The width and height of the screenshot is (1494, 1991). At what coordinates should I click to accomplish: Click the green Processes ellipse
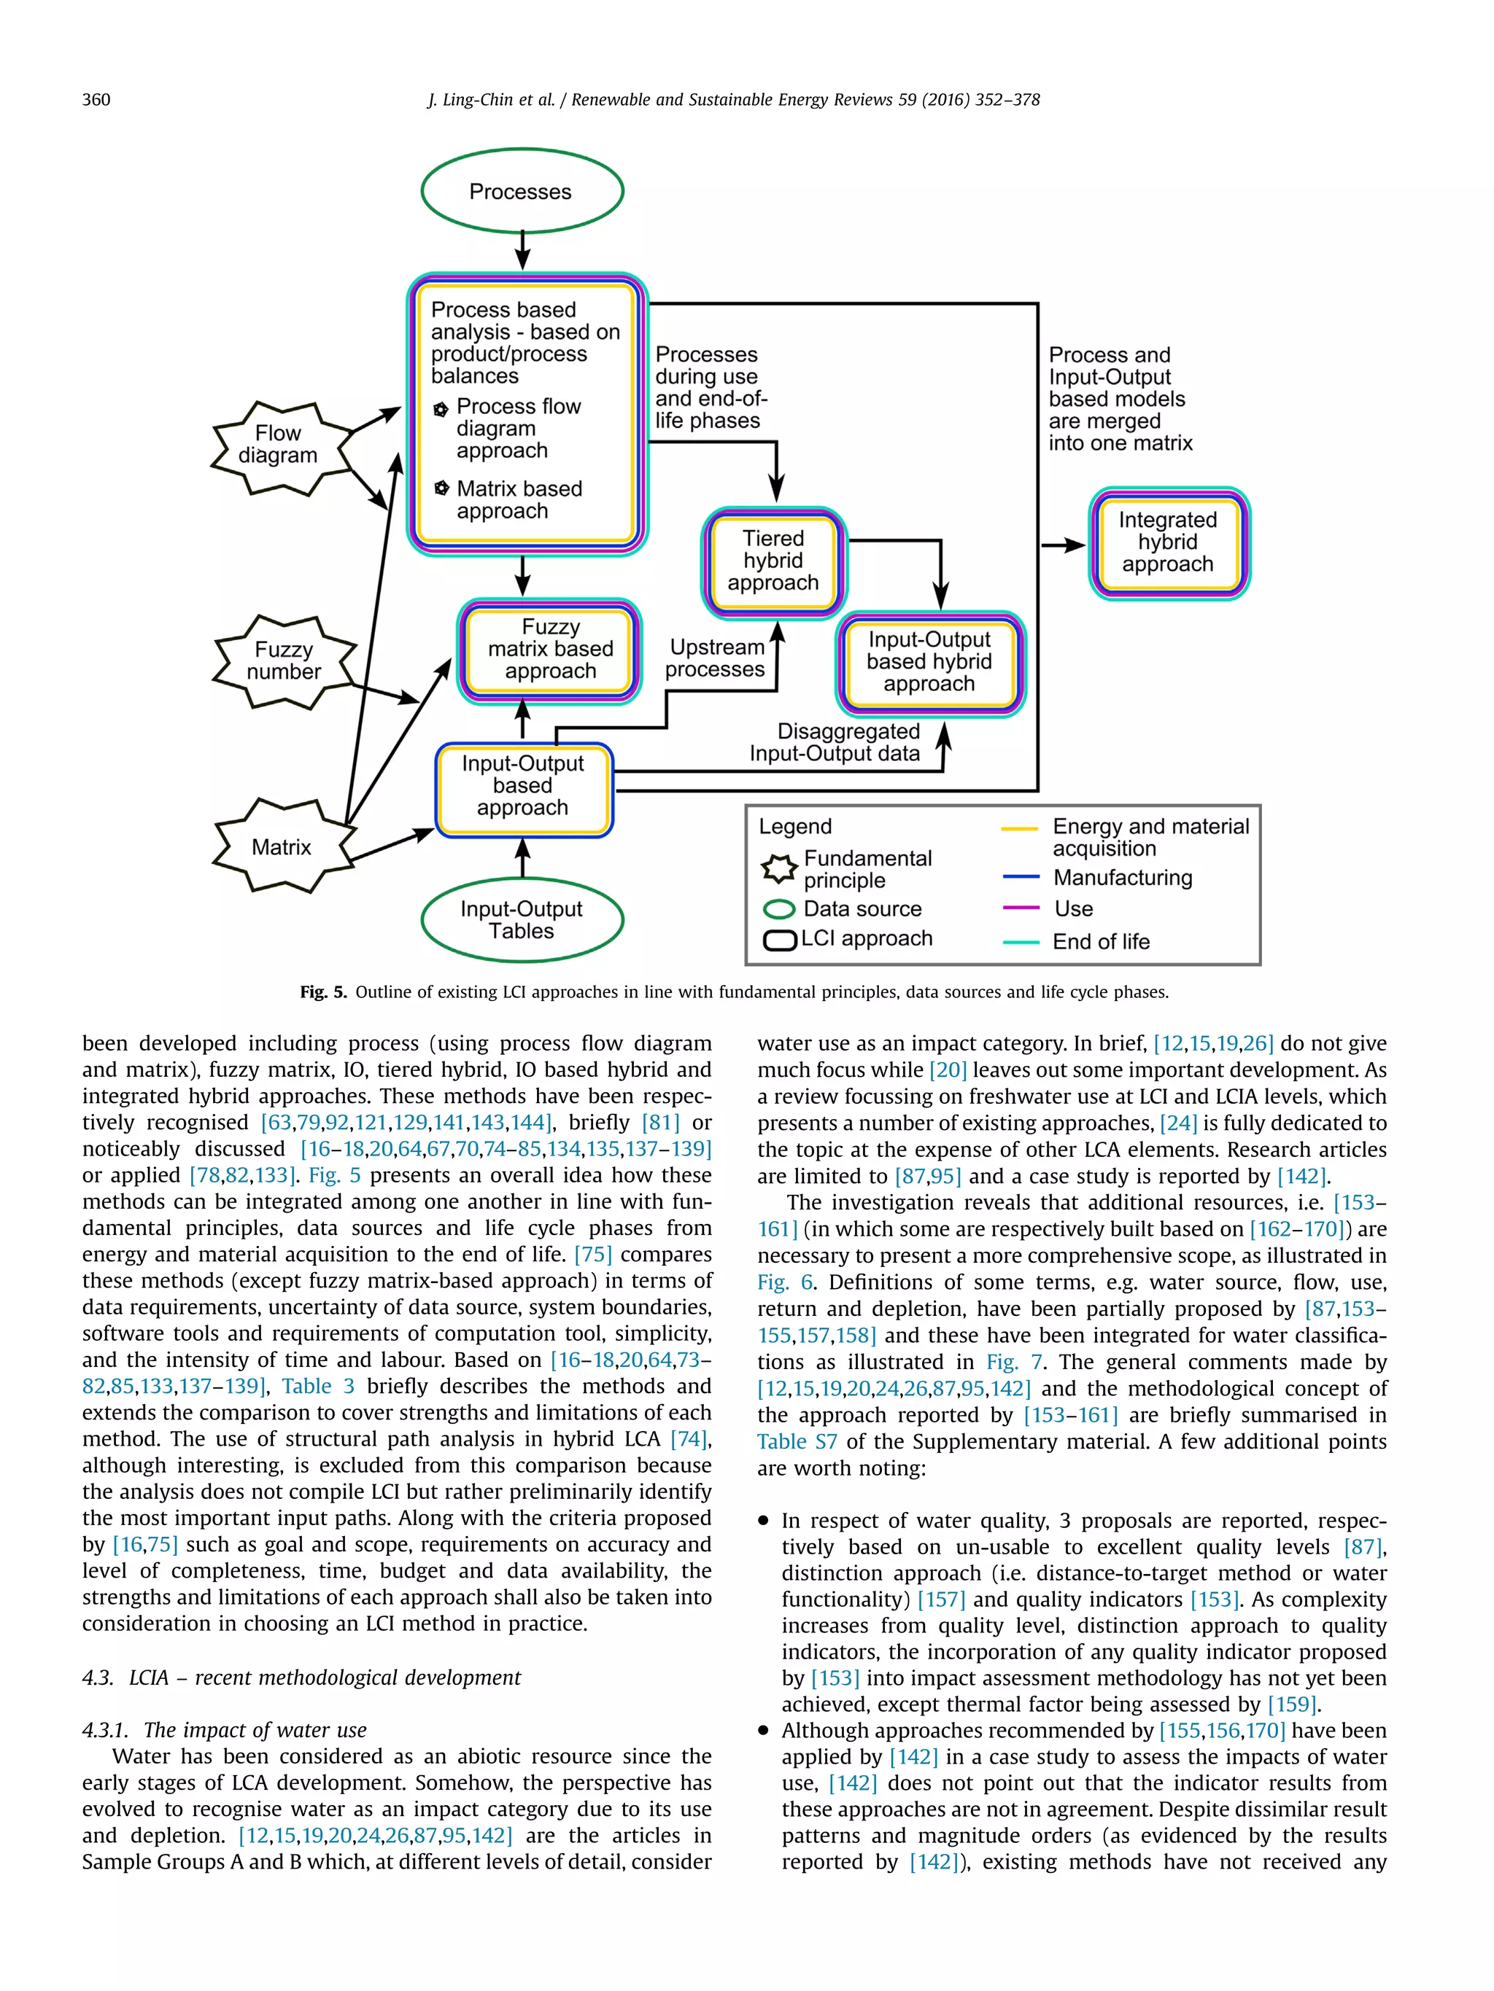coord(522,192)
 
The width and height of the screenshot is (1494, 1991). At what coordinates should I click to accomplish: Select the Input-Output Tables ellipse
coord(522,920)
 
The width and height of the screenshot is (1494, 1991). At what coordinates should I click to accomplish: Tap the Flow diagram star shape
coord(279,445)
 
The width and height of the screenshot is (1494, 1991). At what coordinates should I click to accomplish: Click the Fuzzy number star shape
coord(284,661)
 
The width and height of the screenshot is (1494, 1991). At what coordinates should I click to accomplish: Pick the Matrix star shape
coord(282,847)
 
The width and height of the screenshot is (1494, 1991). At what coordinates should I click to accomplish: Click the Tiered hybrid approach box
coord(773,561)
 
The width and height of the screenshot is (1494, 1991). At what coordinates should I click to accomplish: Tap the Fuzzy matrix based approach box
coord(549,650)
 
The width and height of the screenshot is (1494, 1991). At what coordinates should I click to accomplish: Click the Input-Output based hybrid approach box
coord(929,663)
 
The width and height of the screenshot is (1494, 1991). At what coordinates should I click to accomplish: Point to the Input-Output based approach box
coord(523,787)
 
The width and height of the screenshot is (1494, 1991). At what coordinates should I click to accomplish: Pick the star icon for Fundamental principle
coord(779,868)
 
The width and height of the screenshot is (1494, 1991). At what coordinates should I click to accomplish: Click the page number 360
coord(96,100)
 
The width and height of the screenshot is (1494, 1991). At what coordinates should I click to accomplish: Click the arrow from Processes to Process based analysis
coord(522,250)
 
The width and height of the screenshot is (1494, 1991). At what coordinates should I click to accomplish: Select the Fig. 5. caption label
coord(322,992)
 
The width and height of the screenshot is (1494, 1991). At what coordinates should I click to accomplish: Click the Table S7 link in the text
coord(796,1442)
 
